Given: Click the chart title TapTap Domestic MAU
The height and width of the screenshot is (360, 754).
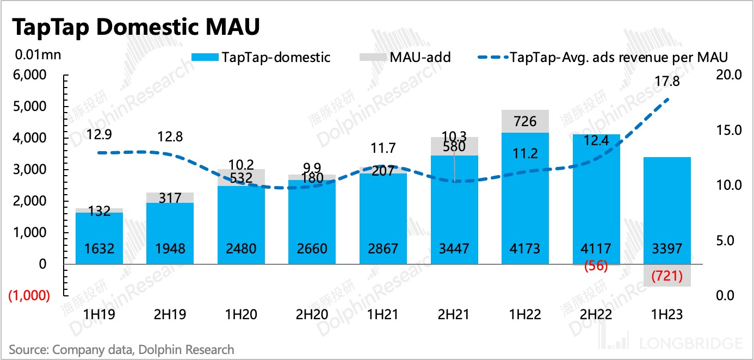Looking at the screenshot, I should (134, 28).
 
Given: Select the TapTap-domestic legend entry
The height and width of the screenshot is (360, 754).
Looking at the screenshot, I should (261, 57).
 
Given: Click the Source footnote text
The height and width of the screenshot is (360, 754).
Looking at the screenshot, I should (121, 349).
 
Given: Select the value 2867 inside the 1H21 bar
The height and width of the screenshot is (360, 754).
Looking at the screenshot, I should (383, 249).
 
